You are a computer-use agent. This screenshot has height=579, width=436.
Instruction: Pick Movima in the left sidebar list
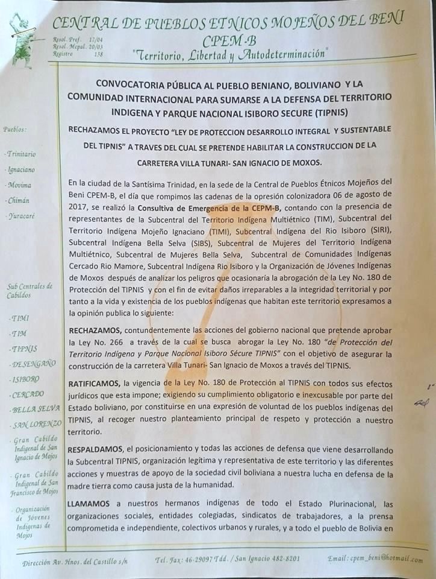click(x=19, y=185)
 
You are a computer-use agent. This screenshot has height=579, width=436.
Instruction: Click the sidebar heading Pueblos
click(x=16, y=128)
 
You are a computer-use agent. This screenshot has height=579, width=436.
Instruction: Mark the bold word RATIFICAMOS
click(x=96, y=384)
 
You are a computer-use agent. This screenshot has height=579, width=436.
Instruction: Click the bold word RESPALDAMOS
click(x=96, y=450)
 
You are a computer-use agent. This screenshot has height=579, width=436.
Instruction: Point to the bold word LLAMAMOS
click(x=90, y=504)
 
